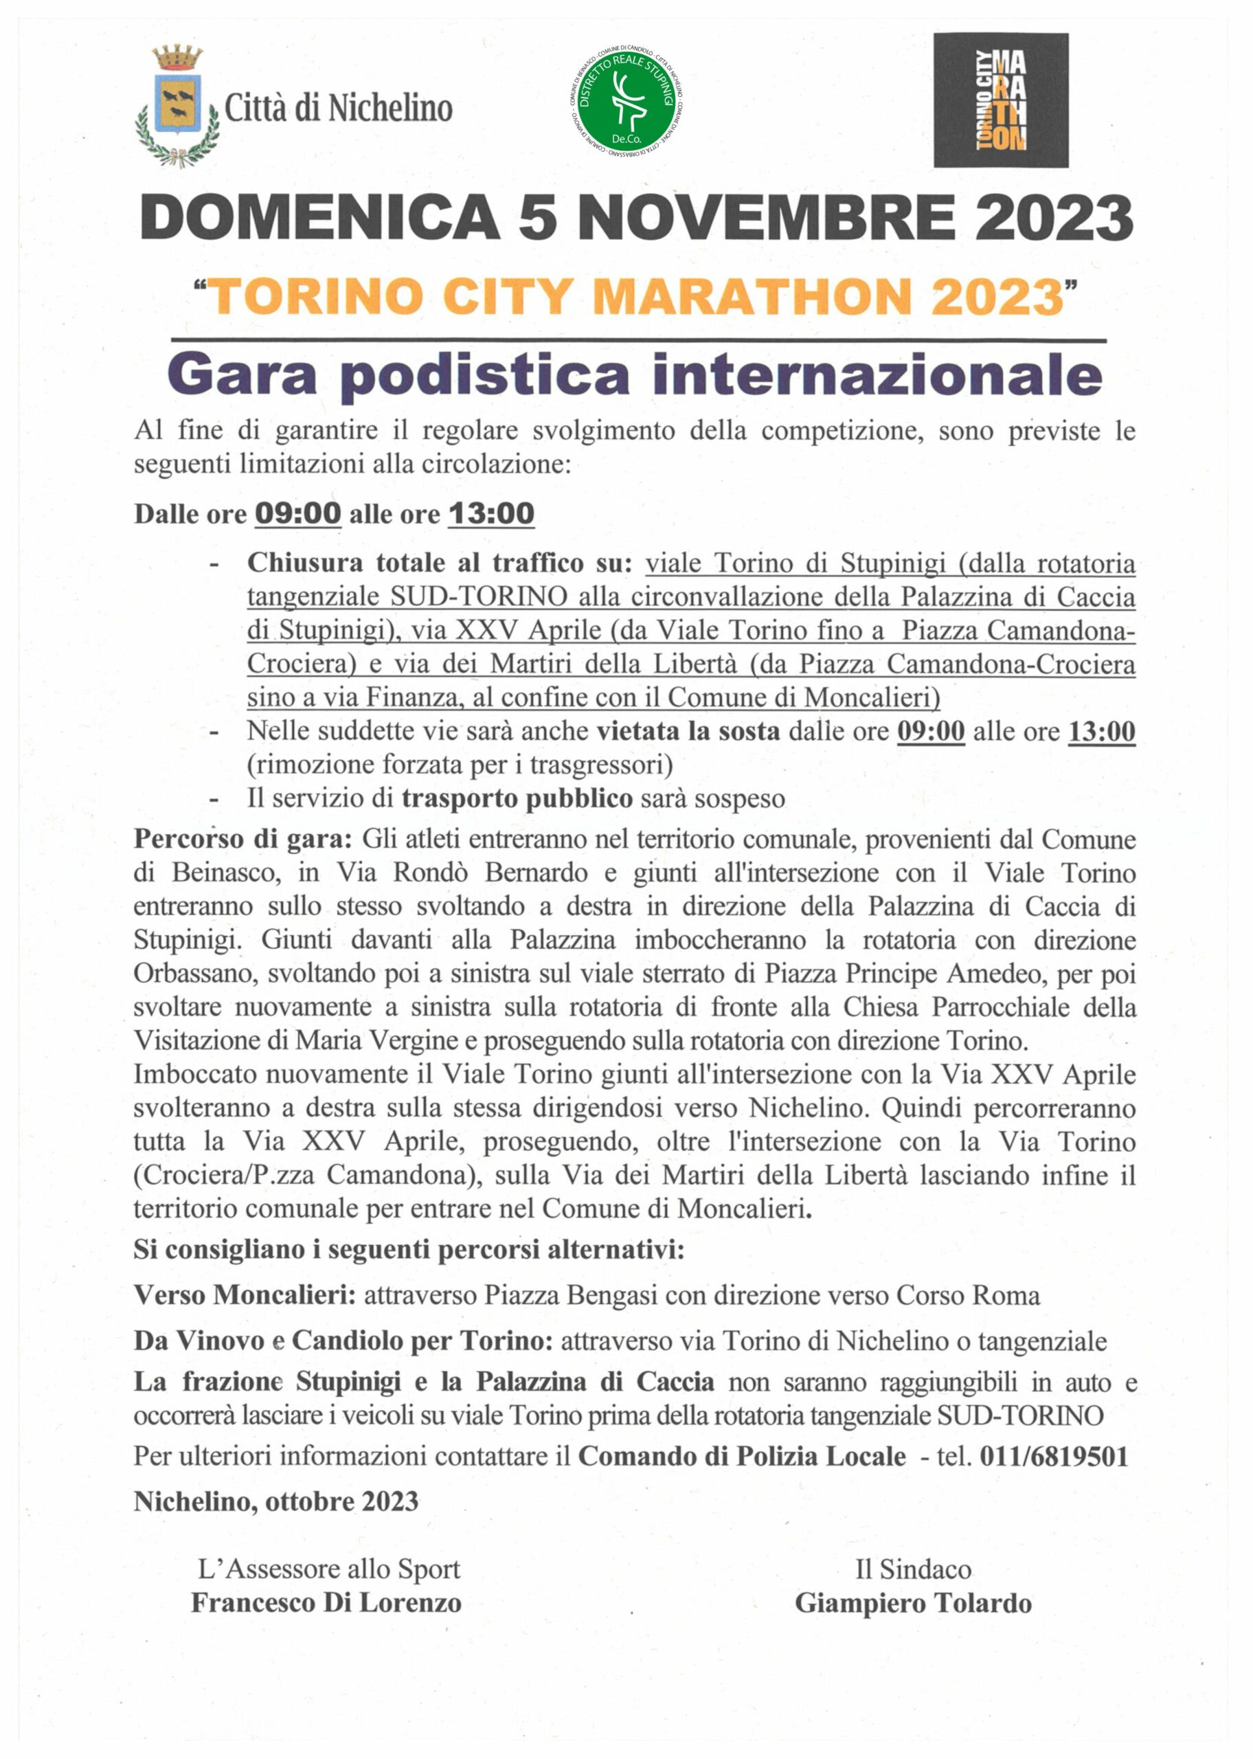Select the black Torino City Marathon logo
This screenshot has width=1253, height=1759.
point(1001,100)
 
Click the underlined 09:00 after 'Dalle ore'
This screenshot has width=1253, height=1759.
point(298,513)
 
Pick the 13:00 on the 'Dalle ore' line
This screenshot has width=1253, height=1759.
point(491,513)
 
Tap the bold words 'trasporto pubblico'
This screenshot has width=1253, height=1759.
point(517,798)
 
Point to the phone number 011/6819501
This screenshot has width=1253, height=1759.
point(1054,1457)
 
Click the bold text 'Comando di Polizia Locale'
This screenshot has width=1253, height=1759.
point(741,1457)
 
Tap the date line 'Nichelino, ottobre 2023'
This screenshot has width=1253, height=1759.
point(276,1501)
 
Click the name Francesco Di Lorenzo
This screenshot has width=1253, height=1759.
point(326,1603)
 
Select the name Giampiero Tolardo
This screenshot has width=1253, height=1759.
point(914,1603)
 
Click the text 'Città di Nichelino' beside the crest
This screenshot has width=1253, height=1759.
point(338,108)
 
